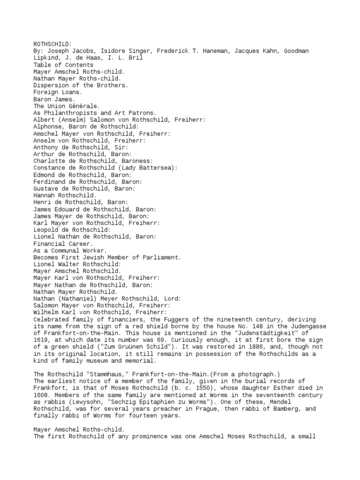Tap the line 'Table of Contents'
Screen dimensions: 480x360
pyautogui.click(x=63, y=65)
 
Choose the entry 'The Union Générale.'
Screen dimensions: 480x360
pyautogui.click(x=67, y=106)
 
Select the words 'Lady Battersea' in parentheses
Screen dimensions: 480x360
pyautogui.click(x=148, y=168)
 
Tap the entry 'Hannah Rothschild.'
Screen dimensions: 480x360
pyautogui.click(x=65, y=195)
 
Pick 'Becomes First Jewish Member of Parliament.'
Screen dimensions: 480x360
pyautogui.click(x=107, y=257)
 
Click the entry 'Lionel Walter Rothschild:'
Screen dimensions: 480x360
pyautogui.click(x=77, y=264)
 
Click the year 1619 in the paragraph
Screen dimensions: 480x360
pyautogui.click(x=41, y=340)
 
